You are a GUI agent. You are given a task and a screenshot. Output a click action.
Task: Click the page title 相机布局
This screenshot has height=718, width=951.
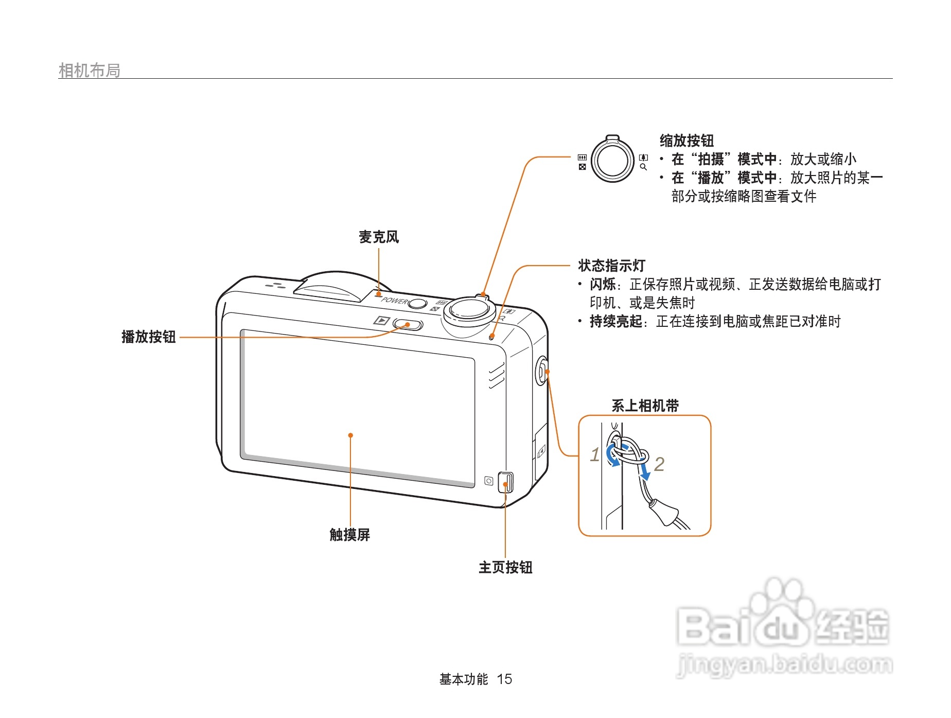[x=90, y=71]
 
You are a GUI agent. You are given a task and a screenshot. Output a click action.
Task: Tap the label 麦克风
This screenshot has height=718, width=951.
[x=379, y=237]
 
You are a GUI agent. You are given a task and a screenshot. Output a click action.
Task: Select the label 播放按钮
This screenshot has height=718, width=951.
[x=149, y=337]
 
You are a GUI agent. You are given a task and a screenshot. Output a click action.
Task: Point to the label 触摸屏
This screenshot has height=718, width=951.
[x=350, y=535]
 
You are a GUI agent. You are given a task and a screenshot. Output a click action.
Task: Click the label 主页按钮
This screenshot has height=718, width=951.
[x=505, y=568]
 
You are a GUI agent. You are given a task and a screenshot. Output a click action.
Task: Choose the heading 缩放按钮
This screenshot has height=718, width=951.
[x=686, y=141]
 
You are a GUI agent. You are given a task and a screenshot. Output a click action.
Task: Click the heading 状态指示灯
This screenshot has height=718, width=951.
[x=611, y=266]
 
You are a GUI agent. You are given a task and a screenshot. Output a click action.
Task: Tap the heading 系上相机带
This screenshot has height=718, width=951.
[x=645, y=406]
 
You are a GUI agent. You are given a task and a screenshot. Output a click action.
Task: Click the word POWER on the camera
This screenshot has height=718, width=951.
[x=394, y=300]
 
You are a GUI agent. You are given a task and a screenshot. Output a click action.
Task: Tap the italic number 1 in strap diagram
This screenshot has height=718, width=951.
[x=595, y=455]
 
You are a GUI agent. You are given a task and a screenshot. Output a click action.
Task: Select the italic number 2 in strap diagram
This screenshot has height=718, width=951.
[x=659, y=465]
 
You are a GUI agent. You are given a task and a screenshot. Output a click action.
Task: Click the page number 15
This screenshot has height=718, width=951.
[x=504, y=679]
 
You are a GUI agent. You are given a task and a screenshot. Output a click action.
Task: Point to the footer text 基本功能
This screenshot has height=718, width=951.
[x=463, y=679]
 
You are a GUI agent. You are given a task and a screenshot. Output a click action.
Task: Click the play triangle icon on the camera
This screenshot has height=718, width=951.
[x=381, y=321]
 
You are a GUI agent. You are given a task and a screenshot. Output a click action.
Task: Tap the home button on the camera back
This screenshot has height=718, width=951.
[x=506, y=482]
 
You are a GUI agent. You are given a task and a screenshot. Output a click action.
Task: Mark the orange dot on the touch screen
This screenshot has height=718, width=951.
[x=350, y=435]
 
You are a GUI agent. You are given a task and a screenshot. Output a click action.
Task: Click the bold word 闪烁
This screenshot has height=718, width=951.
[x=603, y=285]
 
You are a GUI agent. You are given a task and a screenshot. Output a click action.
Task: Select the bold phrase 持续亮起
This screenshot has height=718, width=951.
[x=616, y=322]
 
